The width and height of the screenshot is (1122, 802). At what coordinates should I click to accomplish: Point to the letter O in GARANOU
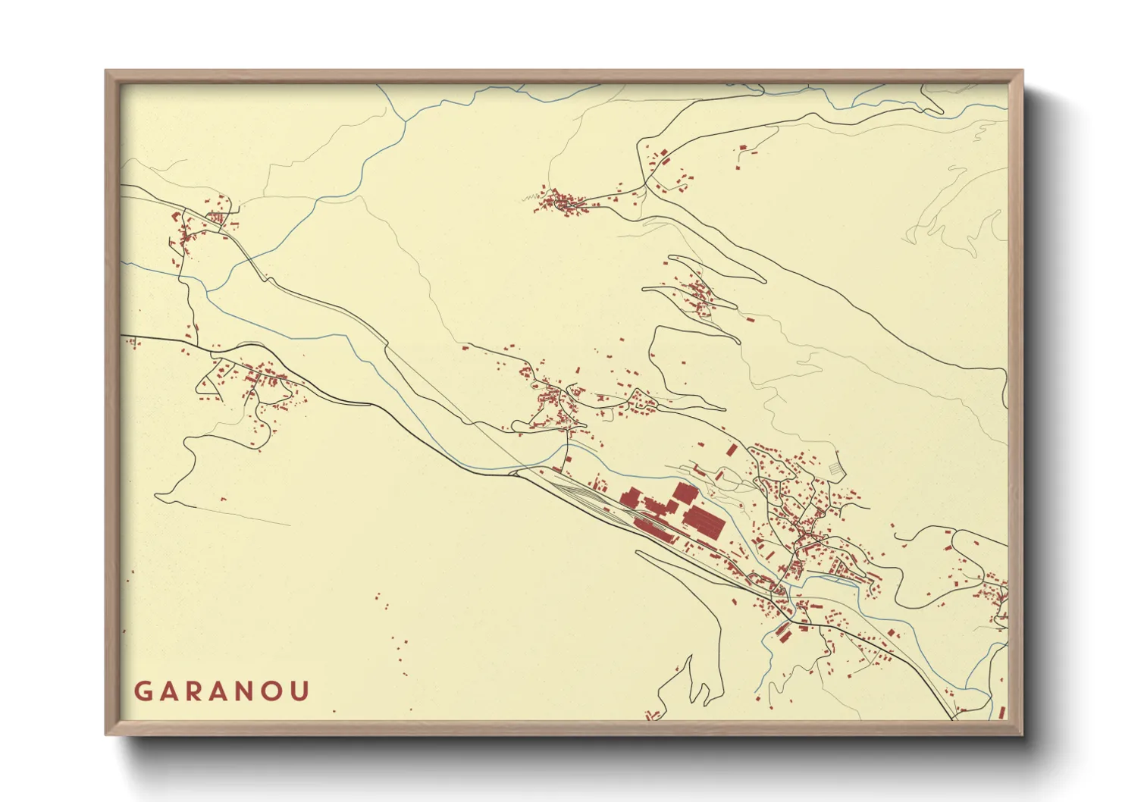(274, 691)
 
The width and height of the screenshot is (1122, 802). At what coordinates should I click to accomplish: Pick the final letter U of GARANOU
(300, 691)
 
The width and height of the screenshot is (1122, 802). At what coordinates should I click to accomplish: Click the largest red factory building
(704, 521)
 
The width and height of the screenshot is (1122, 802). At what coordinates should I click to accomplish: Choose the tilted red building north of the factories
(731, 450)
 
